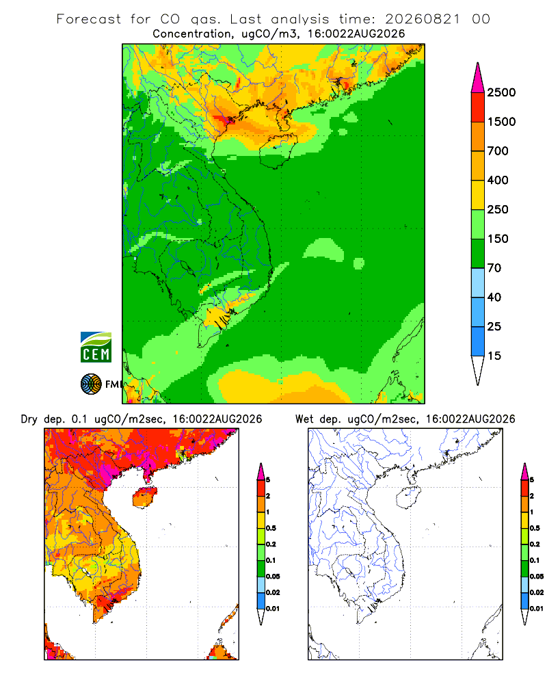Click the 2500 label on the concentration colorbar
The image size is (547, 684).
point(501,92)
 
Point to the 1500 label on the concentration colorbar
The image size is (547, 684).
point(501,122)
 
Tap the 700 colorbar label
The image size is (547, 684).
point(498,151)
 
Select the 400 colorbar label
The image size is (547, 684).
point(498,180)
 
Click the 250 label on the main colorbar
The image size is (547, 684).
point(498,209)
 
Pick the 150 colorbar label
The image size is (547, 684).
point(498,239)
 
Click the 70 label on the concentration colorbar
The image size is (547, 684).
point(494,268)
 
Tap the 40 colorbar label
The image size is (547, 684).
point(494,297)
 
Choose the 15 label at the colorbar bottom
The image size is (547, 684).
point(494,356)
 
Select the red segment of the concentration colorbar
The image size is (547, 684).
point(478,107)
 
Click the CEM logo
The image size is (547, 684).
point(96,347)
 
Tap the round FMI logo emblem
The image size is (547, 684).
point(91,384)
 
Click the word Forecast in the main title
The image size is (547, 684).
point(89,19)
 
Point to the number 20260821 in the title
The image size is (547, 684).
point(423,19)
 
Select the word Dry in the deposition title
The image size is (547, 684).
point(29,420)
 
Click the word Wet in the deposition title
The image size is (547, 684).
point(304,419)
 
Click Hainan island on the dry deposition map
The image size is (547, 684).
point(145,498)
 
